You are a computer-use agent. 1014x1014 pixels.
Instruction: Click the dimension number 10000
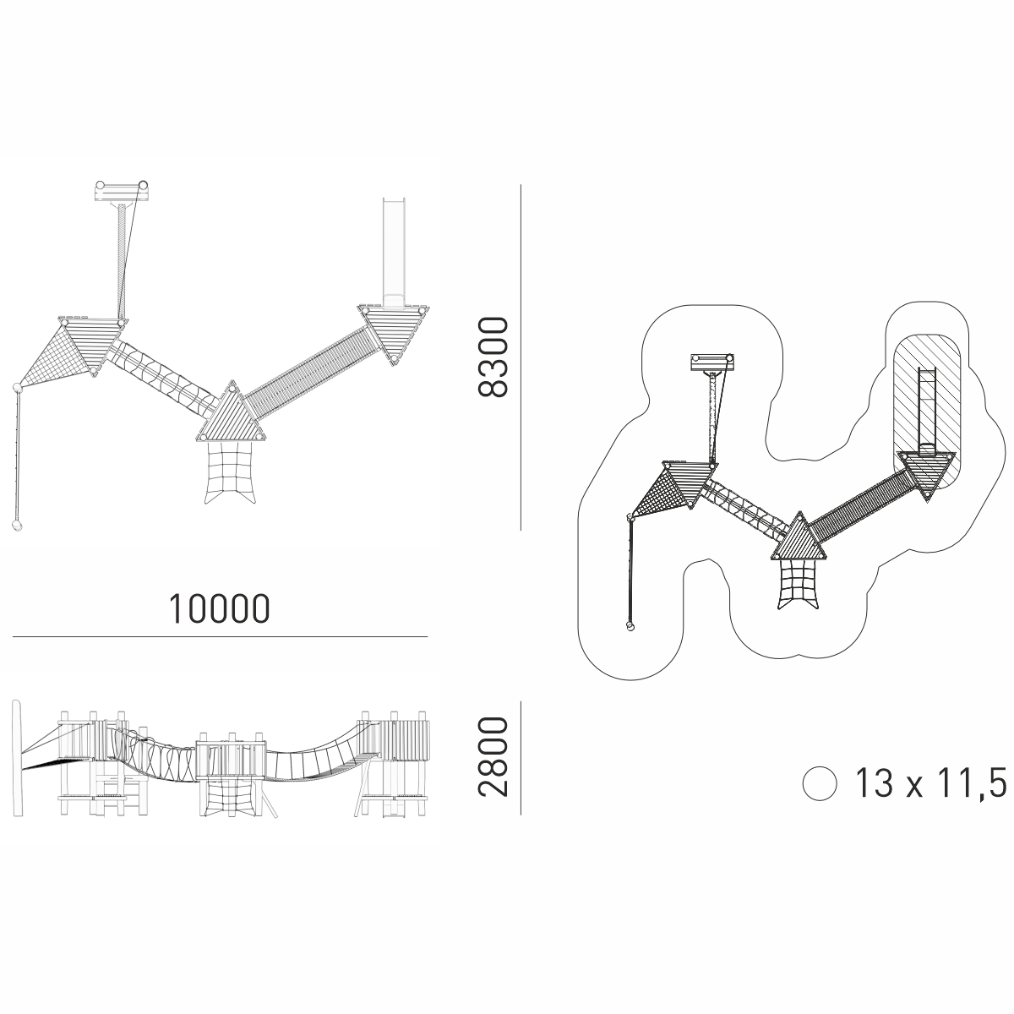tap(219, 609)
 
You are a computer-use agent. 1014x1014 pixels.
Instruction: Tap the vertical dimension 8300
tap(493, 357)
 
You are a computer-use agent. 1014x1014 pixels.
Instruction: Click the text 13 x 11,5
tap(930, 782)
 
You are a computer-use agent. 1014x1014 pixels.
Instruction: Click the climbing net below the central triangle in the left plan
tap(230, 472)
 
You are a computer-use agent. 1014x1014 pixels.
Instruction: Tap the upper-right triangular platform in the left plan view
tap(394, 333)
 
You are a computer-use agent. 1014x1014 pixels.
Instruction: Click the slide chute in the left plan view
tap(394, 252)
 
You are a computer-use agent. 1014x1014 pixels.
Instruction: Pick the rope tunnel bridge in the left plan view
tap(164, 374)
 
